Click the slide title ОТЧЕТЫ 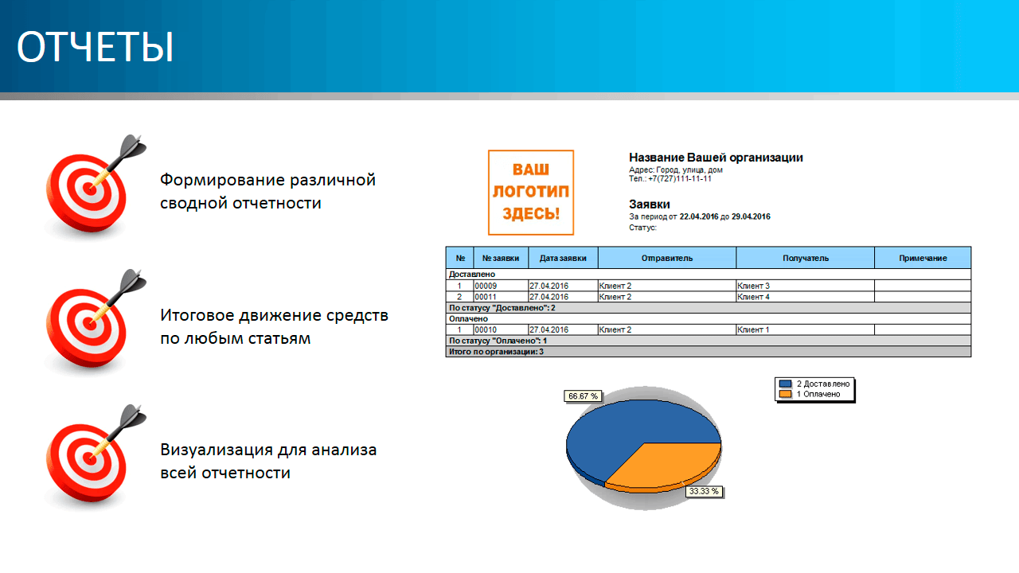[95, 46]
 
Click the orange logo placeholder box [531, 193]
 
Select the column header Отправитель [667, 258]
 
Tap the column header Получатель [805, 258]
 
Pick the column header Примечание [923, 258]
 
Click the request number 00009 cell [501, 286]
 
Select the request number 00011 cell [501, 297]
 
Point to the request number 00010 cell [501, 329]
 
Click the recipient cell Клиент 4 [805, 297]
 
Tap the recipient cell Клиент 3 [805, 286]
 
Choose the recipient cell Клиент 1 [805, 329]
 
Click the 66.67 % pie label [584, 396]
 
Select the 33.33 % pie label [704, 491]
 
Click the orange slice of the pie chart [669, 466]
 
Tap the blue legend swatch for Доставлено [785, 384]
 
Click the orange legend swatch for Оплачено [785, 394]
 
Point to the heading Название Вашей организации [716, 158]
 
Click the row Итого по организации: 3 [709, 352]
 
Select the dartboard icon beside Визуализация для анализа [94, 457]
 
